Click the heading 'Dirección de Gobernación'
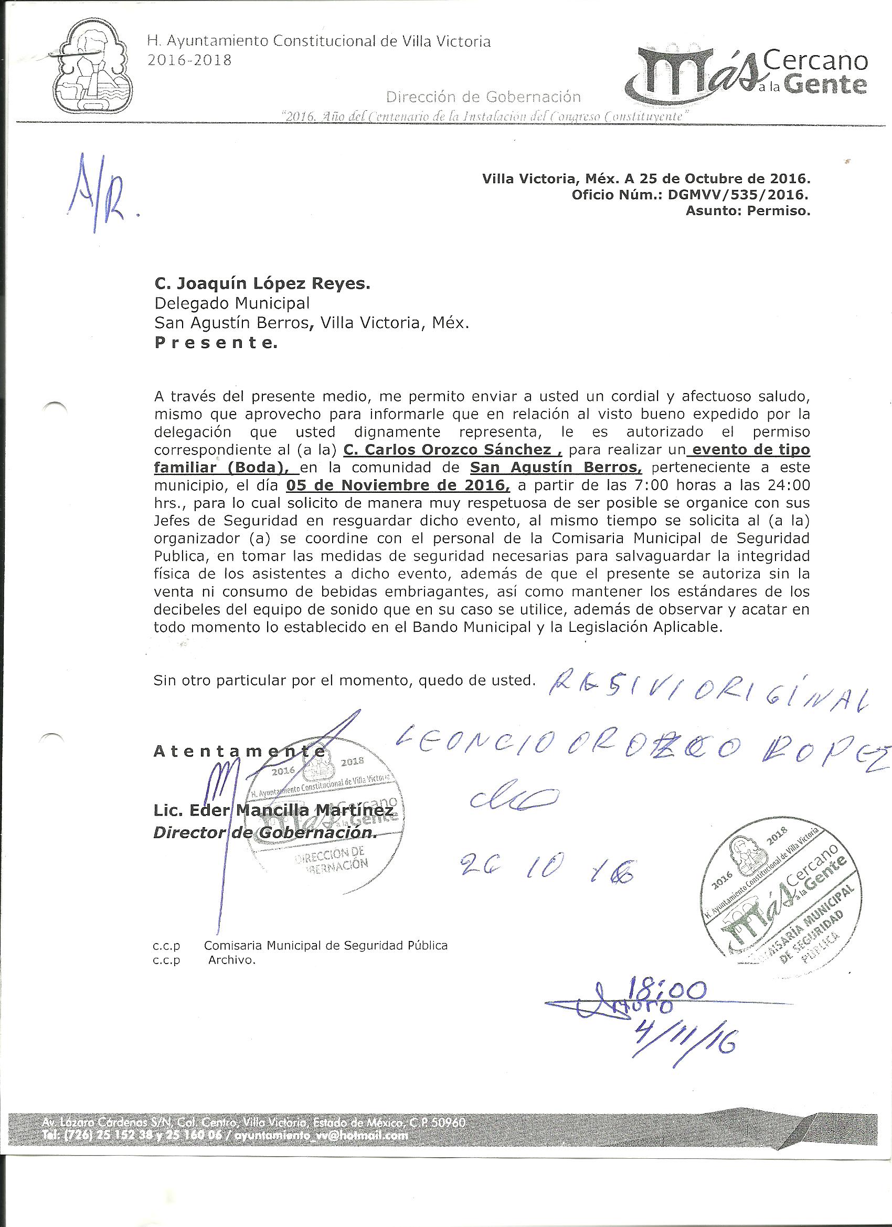coord(484,97)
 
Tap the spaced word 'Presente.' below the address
coord(215,343)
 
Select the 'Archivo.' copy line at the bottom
coord(231,960)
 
